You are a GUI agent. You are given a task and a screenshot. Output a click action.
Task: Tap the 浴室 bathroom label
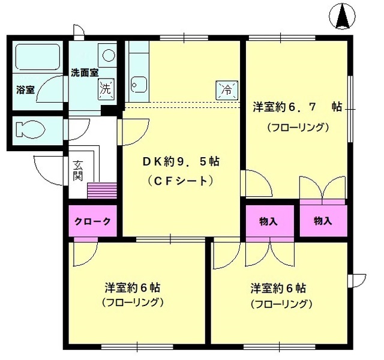(25, 89)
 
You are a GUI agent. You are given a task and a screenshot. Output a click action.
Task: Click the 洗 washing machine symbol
(106, 90)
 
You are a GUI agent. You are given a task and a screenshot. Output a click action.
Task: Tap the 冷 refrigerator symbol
(227, 90)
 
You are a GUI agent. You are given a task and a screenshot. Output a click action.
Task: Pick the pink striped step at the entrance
(100, 191)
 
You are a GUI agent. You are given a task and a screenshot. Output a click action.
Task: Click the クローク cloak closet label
(93, 221)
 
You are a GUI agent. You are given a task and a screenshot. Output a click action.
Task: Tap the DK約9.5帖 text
(180, 161)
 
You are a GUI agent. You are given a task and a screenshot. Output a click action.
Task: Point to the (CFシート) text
(180, 180)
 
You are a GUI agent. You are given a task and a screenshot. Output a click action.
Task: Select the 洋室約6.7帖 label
(296, 107)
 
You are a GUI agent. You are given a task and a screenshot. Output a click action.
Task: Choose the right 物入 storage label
(323, 221)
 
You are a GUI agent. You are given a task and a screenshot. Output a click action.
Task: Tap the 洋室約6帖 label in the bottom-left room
(133, 286)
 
